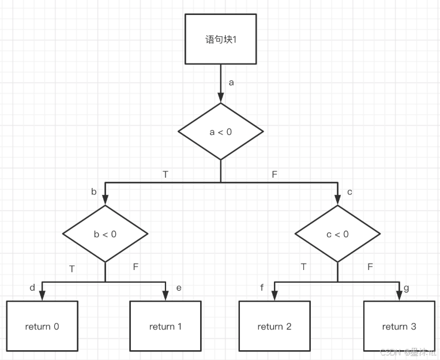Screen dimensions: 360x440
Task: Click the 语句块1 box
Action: point(221,39)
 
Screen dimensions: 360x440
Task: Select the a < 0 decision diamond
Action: point(221,132)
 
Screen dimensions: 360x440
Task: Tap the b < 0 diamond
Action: point(105,234)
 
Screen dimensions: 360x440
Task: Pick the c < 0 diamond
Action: point(337,234)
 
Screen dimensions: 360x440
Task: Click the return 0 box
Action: point(42,327)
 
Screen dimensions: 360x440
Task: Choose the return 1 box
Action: point(166,327)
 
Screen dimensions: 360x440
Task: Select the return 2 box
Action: point(274,327)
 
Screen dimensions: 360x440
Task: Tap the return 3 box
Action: point(399,327)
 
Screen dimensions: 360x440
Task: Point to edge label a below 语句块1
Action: point(231,82)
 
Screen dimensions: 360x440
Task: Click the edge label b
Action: point(93,192)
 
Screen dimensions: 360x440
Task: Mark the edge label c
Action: point(349,192)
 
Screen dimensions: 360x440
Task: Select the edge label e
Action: point(179,287)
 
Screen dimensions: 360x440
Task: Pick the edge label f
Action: point(262,287)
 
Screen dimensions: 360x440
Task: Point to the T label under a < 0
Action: point(166,174)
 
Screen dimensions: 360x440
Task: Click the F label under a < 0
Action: point(274,174)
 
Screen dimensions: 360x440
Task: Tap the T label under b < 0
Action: point(72,268)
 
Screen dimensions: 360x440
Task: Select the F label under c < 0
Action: point(370,267)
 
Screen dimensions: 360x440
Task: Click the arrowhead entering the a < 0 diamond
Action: point(221,99)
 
